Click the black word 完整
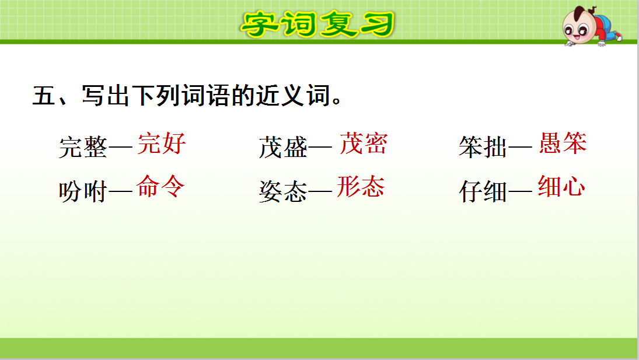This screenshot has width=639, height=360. (x=83, y=148)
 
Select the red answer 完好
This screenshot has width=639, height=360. (x=162, y=144)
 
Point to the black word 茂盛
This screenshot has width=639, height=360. (x=283, y=148)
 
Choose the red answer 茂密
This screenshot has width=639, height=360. (x=363, y=144)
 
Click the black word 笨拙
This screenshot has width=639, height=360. (x=483, y=148)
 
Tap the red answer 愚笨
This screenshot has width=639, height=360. (x=562, y=144)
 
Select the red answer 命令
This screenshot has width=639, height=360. (x=160, y=187)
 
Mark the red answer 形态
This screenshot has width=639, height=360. (x=361, y=187)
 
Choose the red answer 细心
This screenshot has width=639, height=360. (x=561, y=187)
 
